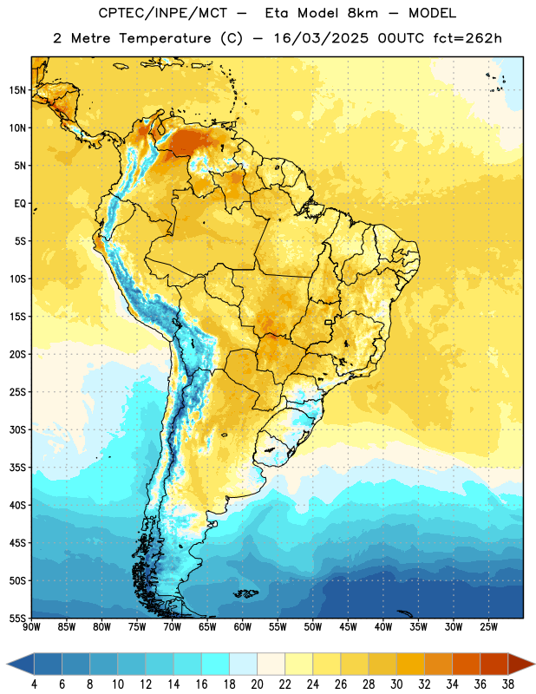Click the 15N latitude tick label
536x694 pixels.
tap(17, 90)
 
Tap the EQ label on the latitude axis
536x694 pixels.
tap(20, 204)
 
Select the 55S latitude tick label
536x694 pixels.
tap(17, 618)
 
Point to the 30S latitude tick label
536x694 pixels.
tap(17, 429)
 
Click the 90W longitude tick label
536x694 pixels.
tap(31, 626)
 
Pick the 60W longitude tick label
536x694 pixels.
tap(243, 626)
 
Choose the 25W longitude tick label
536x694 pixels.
tap(488, 626)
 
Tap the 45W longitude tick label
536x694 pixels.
tap(348, 626)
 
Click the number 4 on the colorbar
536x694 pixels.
tap(34, 684)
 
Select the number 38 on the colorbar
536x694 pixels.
tap(507, 684)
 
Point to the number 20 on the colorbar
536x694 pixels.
tap(257, 684)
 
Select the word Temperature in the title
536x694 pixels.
tap(165, 38)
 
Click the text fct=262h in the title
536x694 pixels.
tap(467, 38)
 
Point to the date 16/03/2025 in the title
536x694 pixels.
tap(321, 38)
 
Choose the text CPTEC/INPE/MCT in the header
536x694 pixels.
tap(162, 13)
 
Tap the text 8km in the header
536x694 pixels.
tap(363, 13)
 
